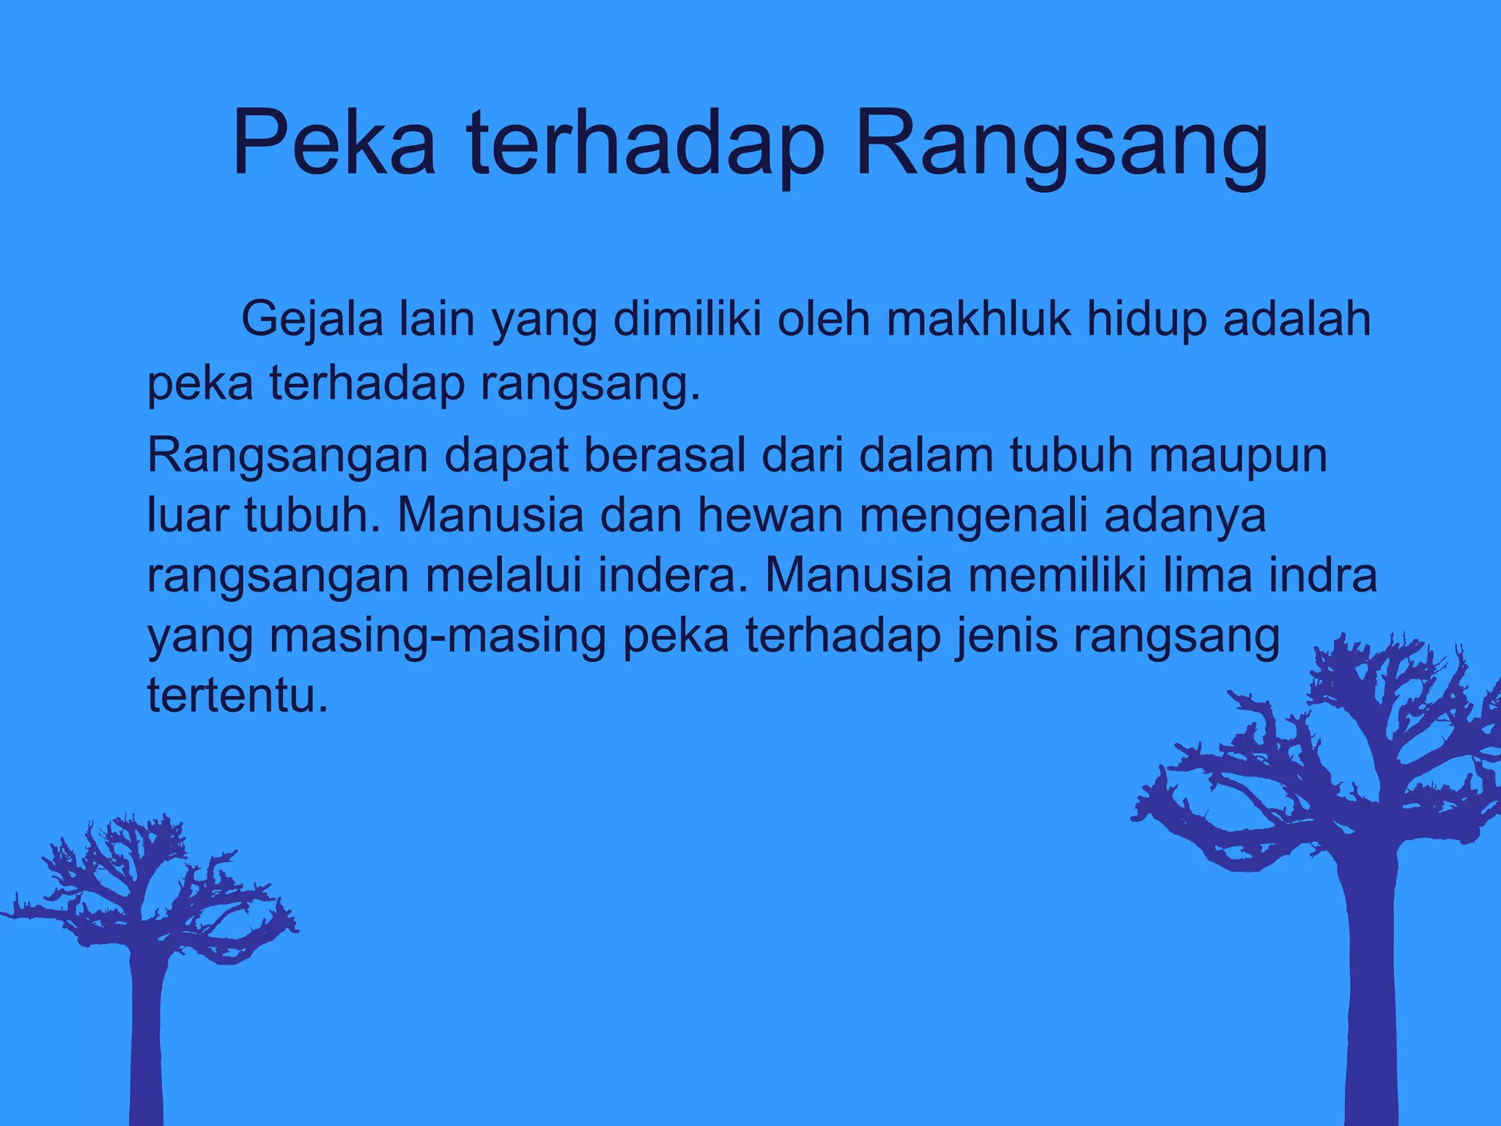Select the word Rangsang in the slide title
click(x=1061, y=147)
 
